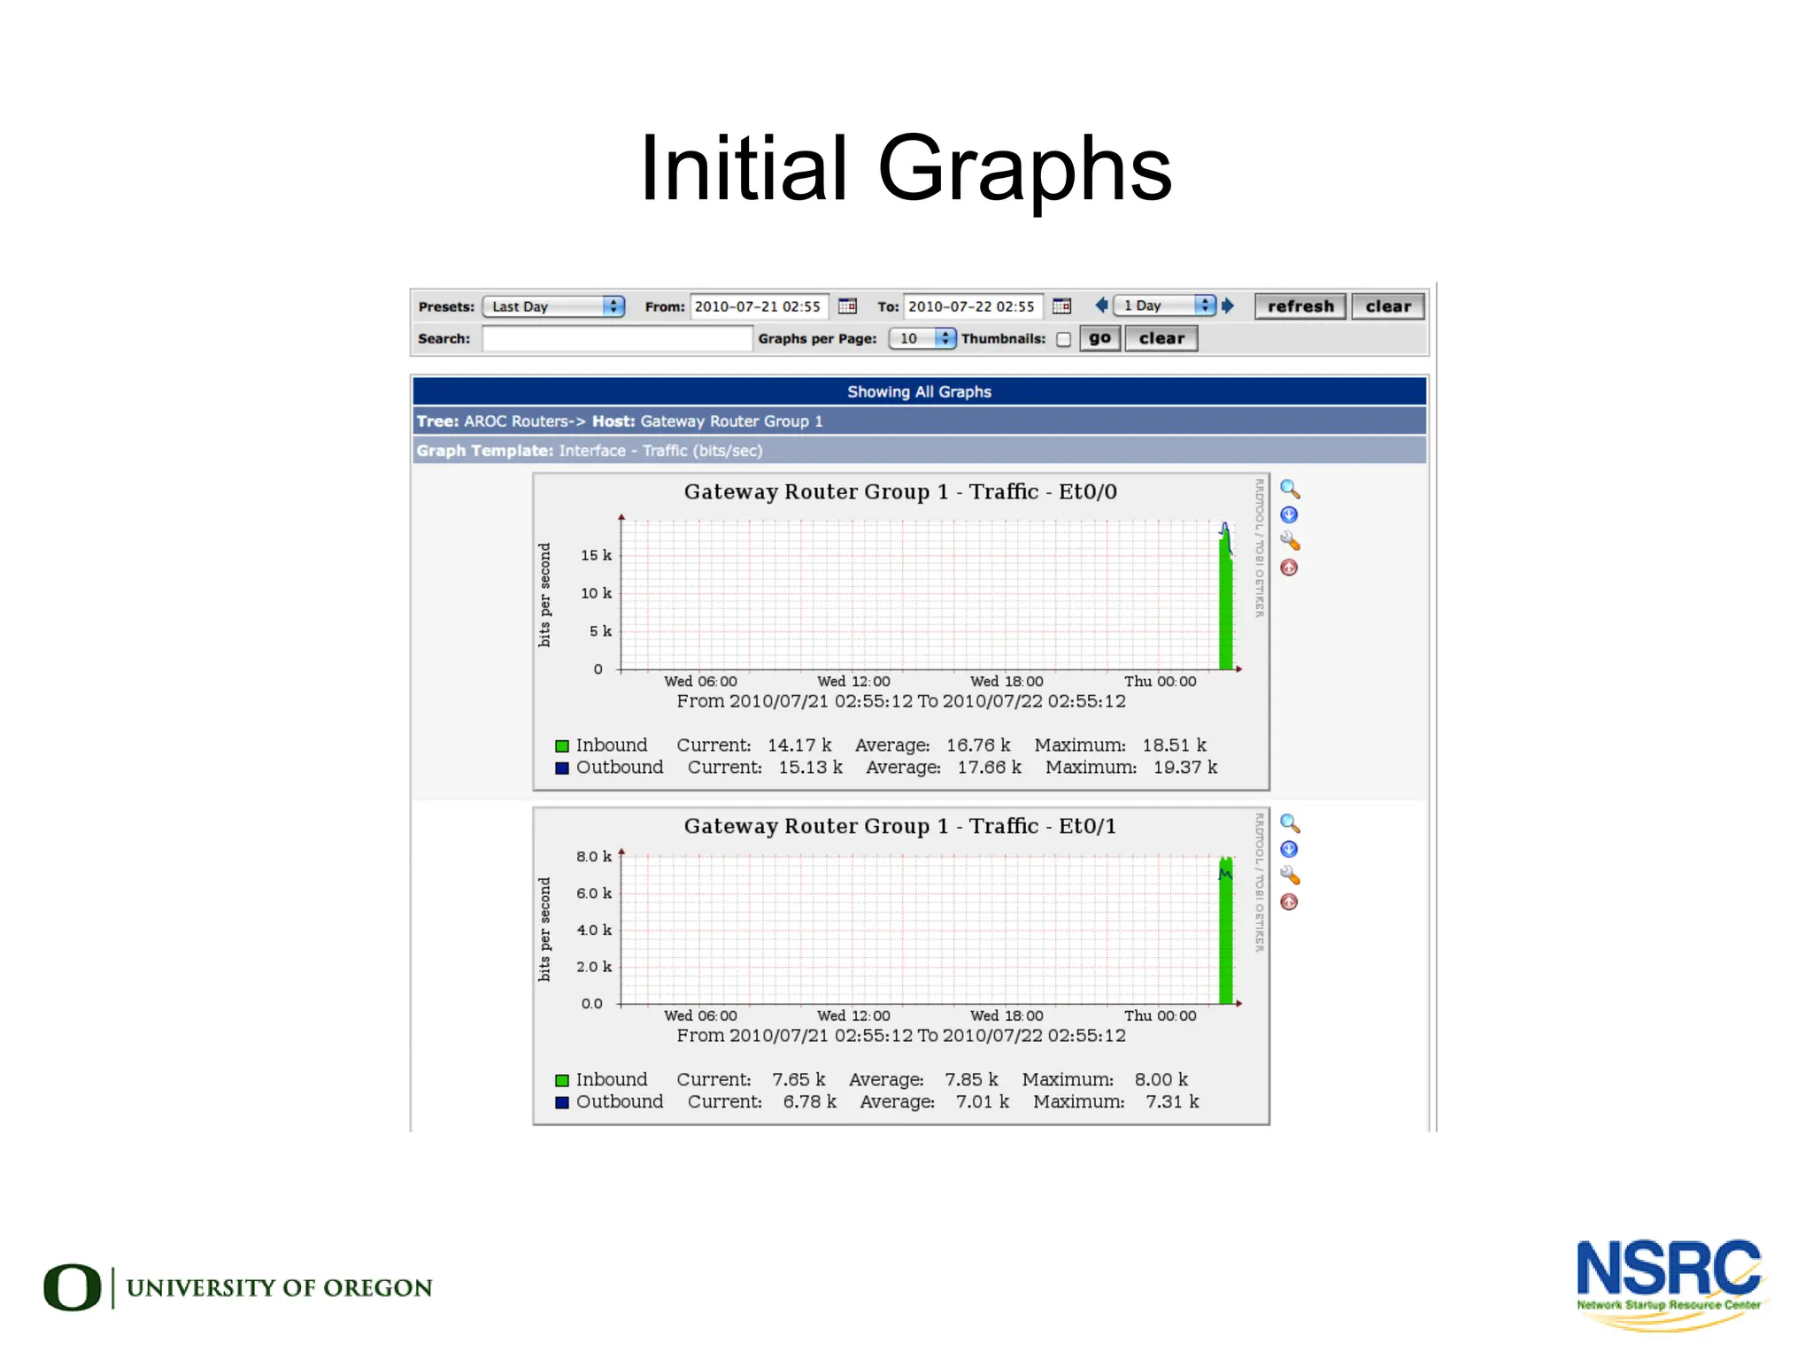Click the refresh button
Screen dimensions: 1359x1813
coord(1300,306)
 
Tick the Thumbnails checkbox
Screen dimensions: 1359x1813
coord(1063,339)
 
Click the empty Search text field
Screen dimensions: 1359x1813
coord(616,338)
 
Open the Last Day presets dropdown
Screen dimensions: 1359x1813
coord(553,306)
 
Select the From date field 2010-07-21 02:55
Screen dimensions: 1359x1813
coord(758,306)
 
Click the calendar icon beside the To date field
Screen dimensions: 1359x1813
coord(1061,306)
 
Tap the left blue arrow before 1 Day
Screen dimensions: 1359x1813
coord(1101,305)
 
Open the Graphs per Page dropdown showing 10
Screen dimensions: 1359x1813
coord(922,338)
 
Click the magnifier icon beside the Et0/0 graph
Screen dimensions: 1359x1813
coord(1290,490)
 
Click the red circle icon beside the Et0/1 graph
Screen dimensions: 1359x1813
coord(1290,902)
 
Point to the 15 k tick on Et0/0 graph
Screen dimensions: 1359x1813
coord(596,555)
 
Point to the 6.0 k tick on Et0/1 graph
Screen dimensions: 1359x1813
coord(593,893)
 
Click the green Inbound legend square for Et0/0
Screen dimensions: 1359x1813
coord(562,746)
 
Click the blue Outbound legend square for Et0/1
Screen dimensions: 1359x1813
coord(562,1103)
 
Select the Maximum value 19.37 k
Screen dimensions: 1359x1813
coord(1184,768)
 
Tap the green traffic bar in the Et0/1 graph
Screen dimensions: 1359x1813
coord(1226,938)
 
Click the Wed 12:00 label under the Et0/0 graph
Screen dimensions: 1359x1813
coord(853,682)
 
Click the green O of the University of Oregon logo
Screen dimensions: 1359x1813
coord(72,1287)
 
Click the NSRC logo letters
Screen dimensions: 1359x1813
coord(1668,1268)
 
